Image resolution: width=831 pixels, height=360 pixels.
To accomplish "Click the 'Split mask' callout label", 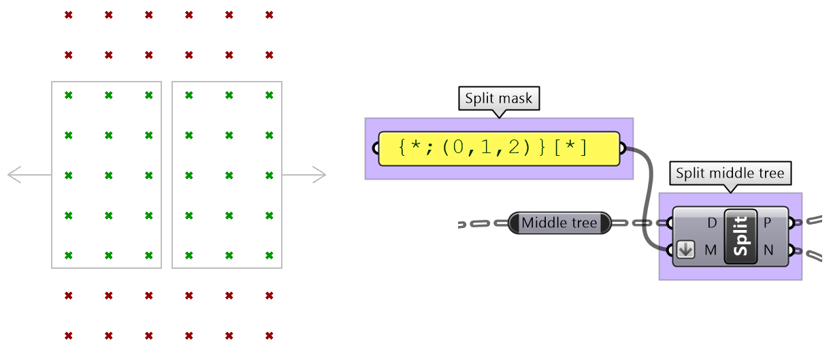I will [499, 99].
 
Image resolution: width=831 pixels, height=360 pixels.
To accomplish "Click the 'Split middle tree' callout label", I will [730, 173].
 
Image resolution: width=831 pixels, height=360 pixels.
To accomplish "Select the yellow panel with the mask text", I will [499, 148].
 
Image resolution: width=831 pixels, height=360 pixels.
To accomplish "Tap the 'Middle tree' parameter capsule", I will [559, 223].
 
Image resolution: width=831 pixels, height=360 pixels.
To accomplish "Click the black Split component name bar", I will [741, 235].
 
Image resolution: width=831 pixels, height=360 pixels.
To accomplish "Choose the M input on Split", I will [711, 250].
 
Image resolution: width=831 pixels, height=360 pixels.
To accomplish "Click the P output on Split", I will [768, 223].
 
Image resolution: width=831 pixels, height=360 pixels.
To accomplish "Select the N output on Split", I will [768, 250].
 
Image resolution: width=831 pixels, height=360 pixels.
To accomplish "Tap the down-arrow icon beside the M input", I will [686, 250].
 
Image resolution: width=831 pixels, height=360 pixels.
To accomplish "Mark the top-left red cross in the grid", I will [68, 15].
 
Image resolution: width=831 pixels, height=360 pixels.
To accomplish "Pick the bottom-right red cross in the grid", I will [270, 336].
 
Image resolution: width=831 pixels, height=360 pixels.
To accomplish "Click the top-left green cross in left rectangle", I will [68, 95].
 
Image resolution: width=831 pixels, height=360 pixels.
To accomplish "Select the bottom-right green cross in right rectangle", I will [270, 255].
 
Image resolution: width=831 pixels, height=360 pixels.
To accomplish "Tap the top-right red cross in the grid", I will [270, 15].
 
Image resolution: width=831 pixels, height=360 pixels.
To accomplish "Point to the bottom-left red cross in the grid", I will [68, 336].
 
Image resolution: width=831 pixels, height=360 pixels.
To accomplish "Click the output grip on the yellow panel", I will [622, 148].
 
